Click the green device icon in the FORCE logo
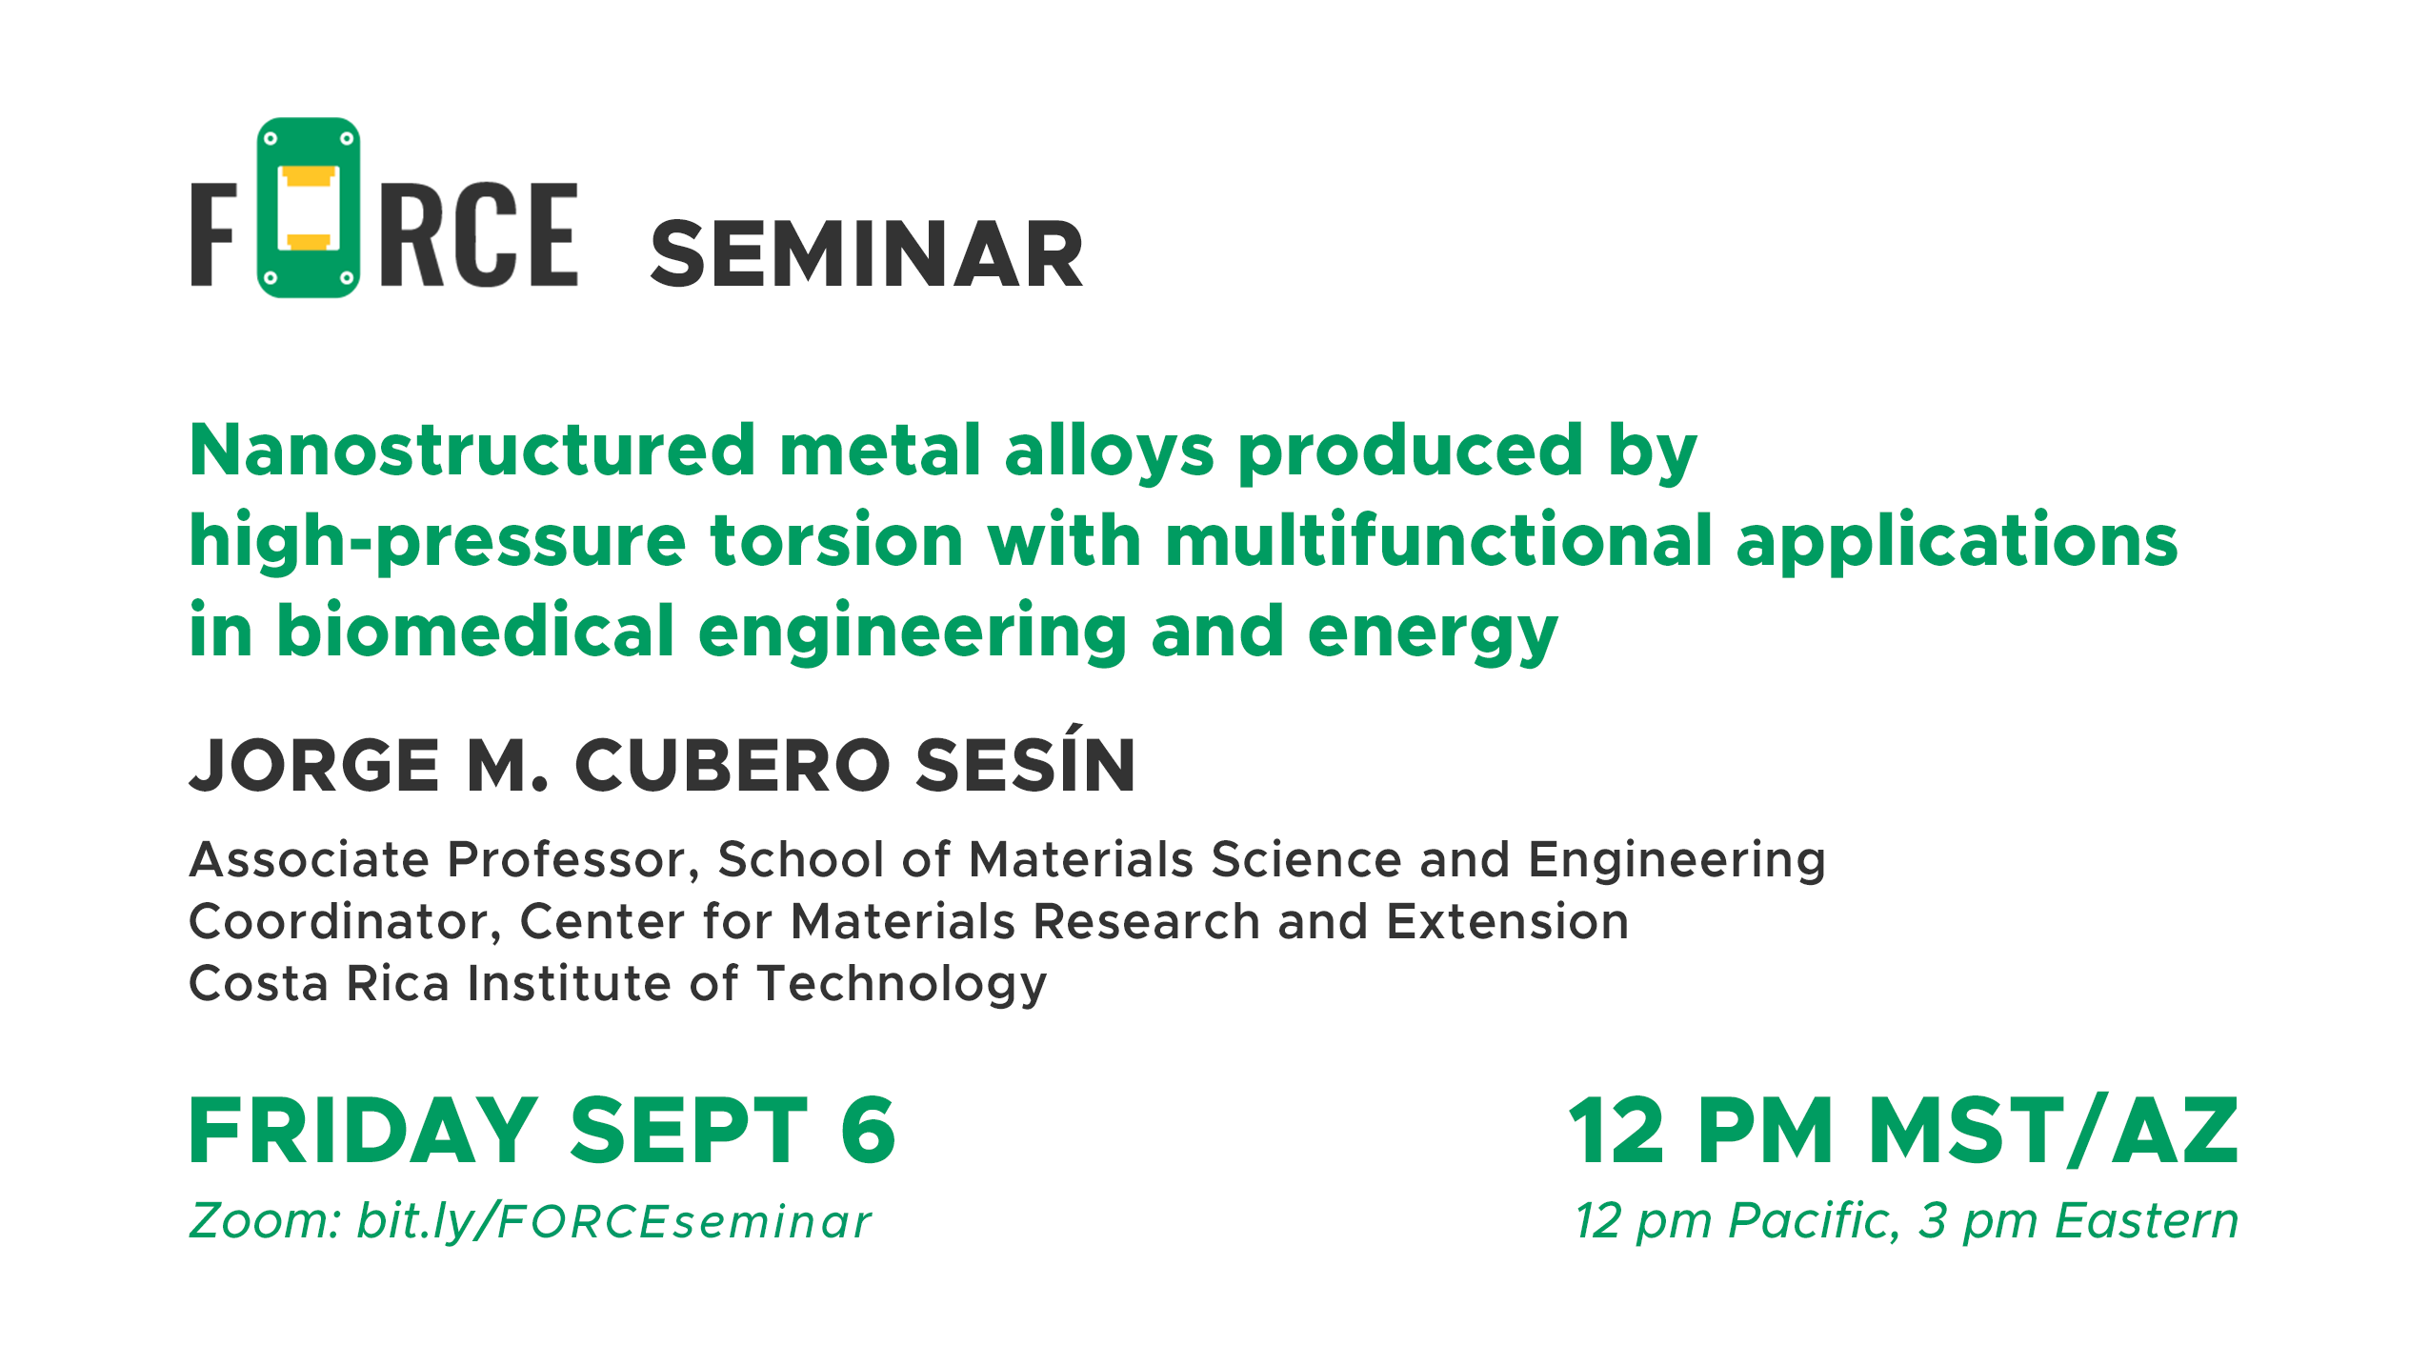(x=309, y=208)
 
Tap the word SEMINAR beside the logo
(x=867, y=254)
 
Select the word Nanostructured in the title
(x=472, y=450)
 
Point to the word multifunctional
(x=1438, y=540)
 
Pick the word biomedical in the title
(x=475, y=631)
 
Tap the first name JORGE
(x=314, y=765)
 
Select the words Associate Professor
(x=443, y=860)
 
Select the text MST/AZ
(x=2054, y=1131)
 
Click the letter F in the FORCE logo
(x=213, y=234)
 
